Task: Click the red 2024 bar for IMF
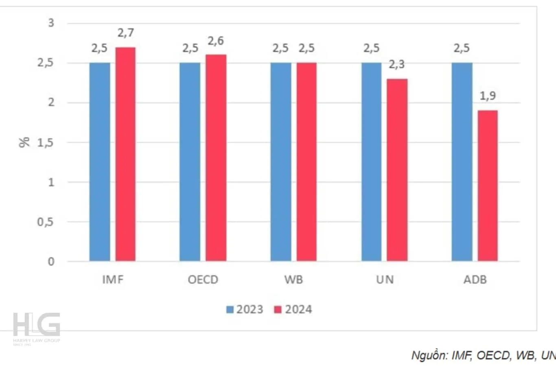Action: coord(125,155)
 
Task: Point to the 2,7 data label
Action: coord(126,33)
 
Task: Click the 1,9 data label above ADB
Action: coord(488,96)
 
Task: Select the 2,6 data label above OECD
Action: coord(216,41)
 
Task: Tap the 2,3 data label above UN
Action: coord(396,64)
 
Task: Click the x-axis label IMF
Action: coord(113,280)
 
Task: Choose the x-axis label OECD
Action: coord(203,280)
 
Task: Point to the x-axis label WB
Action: coord(293,280)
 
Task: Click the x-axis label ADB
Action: coord(475,280)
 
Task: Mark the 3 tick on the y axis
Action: coord(51,23)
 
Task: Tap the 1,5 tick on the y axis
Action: coord(46,142)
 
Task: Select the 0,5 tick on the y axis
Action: coord(46,222)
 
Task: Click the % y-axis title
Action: coord(25,142)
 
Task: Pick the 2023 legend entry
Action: coord(245,309)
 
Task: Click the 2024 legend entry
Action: coord(293,309)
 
